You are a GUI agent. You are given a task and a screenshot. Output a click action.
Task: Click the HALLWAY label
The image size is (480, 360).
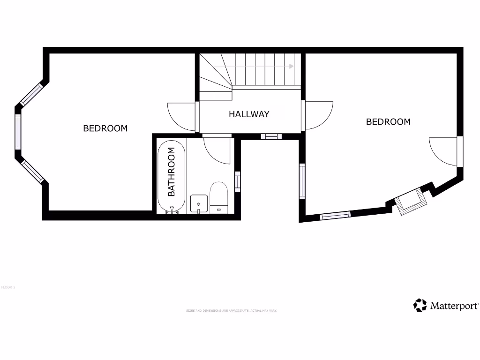249,114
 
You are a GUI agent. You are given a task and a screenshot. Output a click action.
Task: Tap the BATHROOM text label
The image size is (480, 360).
172,172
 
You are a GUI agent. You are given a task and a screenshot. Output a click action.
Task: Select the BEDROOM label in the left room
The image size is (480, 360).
105,128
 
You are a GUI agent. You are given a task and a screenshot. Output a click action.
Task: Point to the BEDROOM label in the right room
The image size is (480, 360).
388,122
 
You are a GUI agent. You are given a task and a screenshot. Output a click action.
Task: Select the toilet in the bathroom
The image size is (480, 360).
218,197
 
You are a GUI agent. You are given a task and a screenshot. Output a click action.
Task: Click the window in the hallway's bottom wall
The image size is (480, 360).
271,137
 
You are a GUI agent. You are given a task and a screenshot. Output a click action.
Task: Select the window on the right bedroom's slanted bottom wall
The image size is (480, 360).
335,215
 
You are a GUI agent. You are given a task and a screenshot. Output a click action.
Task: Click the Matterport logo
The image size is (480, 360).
446,306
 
